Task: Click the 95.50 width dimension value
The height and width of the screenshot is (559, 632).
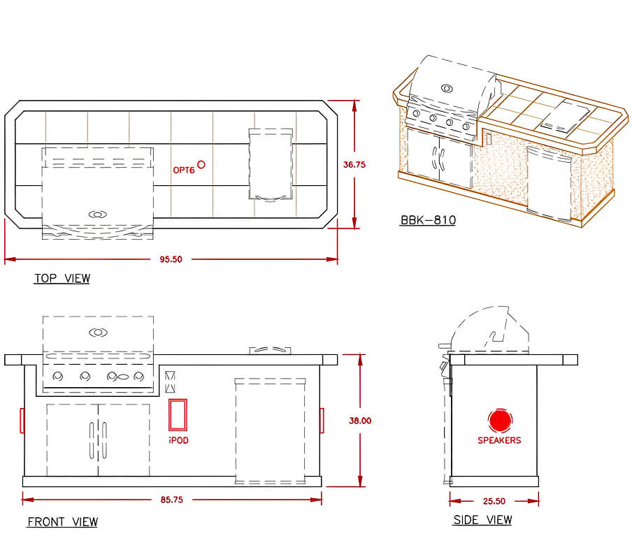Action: (x=171, y=259)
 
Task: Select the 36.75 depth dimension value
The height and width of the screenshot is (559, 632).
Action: (x=354, y=165)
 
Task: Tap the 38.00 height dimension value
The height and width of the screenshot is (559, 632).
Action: (x=360, y=421)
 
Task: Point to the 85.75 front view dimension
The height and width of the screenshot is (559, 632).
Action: (x=172, y=500)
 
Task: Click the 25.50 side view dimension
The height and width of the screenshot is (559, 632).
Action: (x=494, y=502)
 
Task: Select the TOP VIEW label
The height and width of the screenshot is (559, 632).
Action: (x=62, y=278)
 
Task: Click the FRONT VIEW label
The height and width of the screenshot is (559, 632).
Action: (x=62, y=522)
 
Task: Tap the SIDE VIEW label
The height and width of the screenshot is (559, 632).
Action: (x=482, y=520)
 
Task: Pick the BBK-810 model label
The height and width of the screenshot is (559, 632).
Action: (x=428, y=220)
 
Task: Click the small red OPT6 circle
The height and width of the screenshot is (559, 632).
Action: (x=201, y=164)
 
